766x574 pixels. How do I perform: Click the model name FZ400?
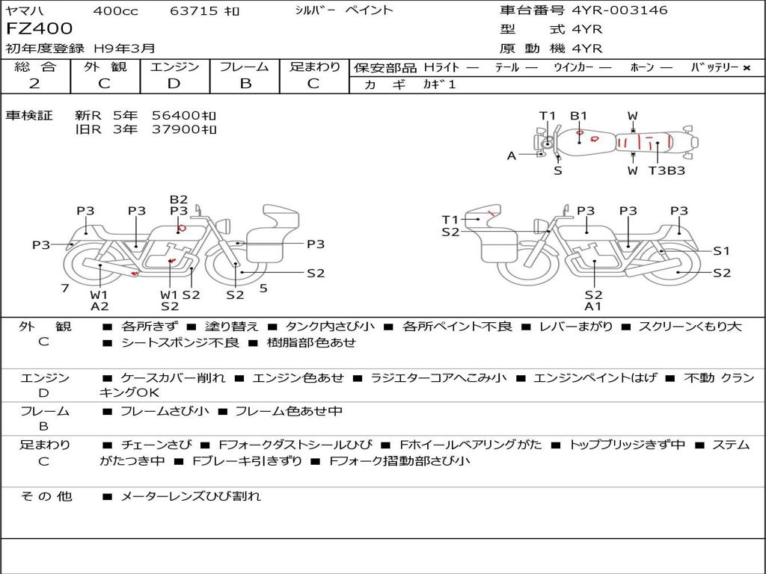coord(39,28)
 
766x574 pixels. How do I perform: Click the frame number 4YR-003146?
coord(619,10)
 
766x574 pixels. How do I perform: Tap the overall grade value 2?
coord(34,84)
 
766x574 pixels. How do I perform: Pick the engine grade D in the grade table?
coord(174,84)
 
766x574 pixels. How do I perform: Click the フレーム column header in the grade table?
coord(245,67)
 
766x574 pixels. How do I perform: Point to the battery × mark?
coord(747,68)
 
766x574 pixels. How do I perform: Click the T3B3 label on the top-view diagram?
coord(667,171)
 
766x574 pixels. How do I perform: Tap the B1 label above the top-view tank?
coord(578,116)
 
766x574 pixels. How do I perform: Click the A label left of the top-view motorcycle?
coord(512,155)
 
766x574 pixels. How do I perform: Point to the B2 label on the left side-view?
coord(179,199)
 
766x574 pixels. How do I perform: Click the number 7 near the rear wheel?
coord(65,288)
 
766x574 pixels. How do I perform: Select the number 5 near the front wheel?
coord(263,288)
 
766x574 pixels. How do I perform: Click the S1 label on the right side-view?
coord(722,251)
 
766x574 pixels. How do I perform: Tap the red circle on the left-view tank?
coord(182,227)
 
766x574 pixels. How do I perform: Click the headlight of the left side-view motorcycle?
coord(224,226)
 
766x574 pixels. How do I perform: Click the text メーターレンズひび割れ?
coord(191,496)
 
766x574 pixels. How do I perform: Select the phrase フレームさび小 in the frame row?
coord(165,412)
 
